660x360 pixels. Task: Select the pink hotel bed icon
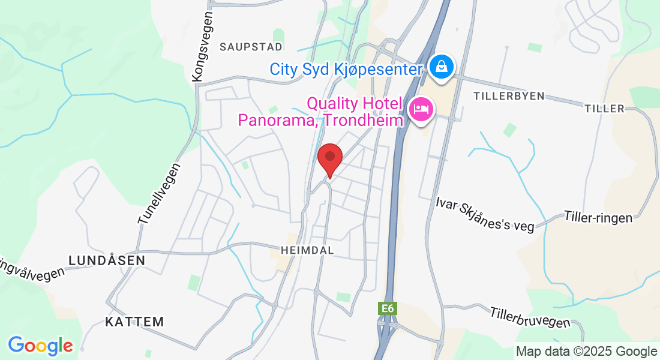[x=421, y=110]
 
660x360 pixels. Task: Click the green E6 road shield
[x=388, y=308]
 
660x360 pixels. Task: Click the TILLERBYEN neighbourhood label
[x=508, y=96]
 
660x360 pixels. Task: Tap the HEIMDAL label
[x=307, y=249]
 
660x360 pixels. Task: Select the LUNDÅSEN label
[x=107, y=260]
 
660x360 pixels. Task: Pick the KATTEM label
[x=134, y=322]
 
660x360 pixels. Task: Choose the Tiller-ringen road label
[x=598, y=217]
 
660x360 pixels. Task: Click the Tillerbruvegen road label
[x=530, y=317]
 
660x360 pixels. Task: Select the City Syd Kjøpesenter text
[x=346, y=69]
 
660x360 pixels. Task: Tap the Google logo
[x=40, y=346]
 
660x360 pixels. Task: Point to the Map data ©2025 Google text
[x=587, y=352]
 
